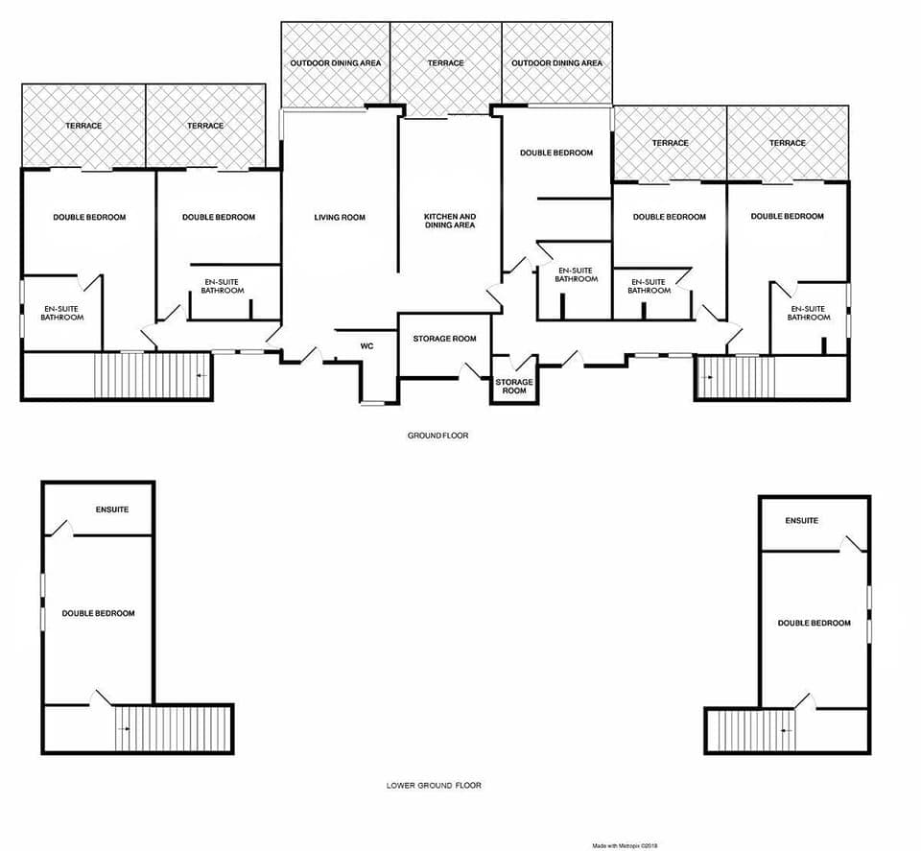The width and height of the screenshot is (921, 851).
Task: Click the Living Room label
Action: (x=340, y=218)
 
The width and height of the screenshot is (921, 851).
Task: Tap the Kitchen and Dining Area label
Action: (x=450, y=221)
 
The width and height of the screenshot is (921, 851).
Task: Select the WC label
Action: (x=366, y=345)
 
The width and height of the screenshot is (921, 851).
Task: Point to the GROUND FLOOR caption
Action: (x=437, y=436)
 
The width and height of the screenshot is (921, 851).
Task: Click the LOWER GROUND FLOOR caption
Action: (x=434, y=785)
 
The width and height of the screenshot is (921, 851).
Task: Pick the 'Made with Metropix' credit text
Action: (x=625, y=845)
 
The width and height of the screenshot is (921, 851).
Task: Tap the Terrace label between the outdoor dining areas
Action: (x=446, y=63)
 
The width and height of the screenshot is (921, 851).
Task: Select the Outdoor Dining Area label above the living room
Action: (x=336, y=63)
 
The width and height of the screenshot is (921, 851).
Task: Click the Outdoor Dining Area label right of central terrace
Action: (x=556, y=63)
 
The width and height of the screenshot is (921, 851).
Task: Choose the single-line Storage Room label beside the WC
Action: (x=444, y=339)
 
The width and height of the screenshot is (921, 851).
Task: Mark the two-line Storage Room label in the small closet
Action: (x=514, y=386)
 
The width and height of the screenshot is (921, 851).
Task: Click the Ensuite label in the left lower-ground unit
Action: (x=111, y=509)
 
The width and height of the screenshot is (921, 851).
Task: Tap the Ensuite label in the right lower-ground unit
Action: (x=801, y=521)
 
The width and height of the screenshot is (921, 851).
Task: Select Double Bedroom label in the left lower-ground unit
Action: (x=98, y=613)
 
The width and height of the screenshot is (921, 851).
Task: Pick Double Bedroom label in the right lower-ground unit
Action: (x=814, y=623)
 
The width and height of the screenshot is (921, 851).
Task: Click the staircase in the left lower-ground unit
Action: (x=173, y=729)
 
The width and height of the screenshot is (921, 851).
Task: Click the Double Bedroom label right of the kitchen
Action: (x=556, y=153)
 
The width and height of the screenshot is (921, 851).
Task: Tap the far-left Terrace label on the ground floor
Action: (x=83, y=126)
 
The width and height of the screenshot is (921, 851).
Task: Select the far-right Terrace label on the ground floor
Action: (x=788, y=143)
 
